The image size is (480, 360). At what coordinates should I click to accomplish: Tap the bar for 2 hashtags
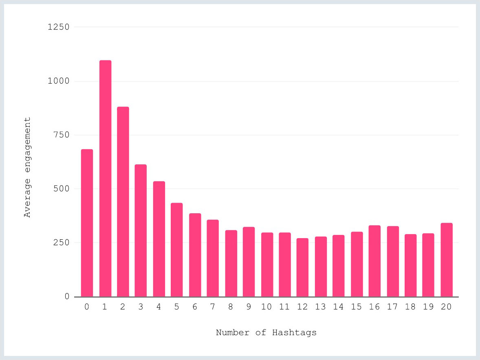click(x=123, y=201)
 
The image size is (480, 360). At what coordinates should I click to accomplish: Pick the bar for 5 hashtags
click(x=177, y=250)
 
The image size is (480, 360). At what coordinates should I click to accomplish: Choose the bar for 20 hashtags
click(x=446, y=259)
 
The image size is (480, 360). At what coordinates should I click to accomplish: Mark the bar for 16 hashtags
click(x=374, y=261)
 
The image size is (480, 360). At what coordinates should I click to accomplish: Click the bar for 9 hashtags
click(x=249, y=261)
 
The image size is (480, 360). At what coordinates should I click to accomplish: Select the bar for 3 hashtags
click(x=141, y=230)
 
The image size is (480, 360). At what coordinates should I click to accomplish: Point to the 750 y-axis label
click(x=62, y=135)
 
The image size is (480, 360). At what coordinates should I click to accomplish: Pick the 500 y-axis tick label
click(x=62, y=189)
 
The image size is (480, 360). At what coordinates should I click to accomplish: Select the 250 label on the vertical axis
click(x=62, y=243)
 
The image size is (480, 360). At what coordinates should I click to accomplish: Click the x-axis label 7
click(x=213, y=307)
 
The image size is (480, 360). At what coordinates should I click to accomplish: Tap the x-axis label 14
click(x=338, y=307)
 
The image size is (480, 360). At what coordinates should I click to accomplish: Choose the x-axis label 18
click(x=410, y=307)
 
